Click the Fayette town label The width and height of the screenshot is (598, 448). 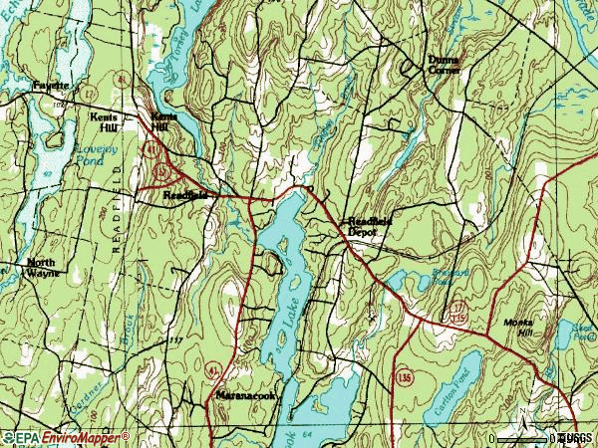(x=50, y=87)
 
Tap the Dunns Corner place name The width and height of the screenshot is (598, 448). (x=444, y=66)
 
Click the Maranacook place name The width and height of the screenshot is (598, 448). (x=246, y=395)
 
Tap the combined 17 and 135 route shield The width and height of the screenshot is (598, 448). (x=457, y=311)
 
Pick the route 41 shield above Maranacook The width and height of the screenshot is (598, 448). (x=210, y=369)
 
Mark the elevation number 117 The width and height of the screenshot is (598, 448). (x=176, y=340)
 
